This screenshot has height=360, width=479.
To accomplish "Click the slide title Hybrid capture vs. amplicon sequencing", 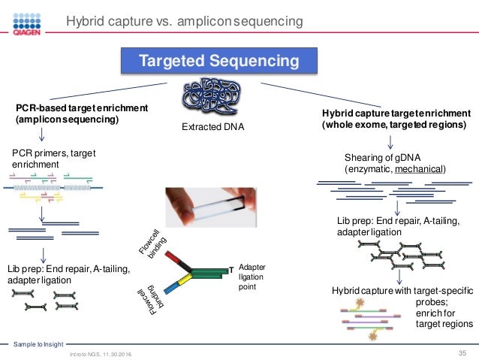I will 185,22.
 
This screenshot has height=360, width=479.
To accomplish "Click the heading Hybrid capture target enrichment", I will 396,113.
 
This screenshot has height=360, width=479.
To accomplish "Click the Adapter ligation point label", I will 252,277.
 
